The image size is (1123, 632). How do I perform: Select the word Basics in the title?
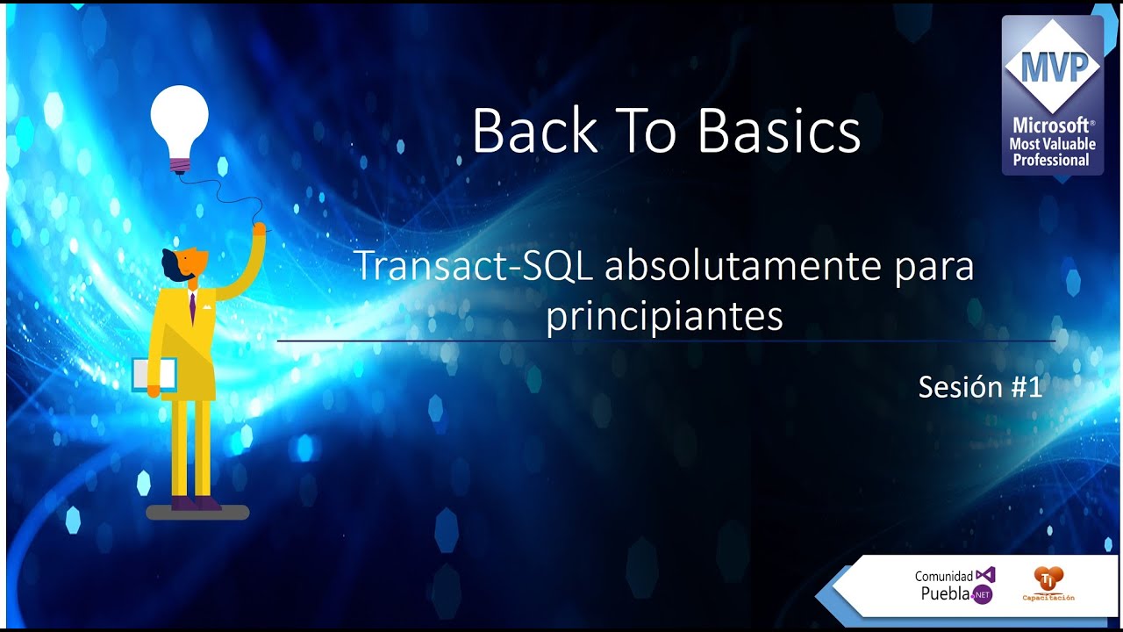pyautogui.click(x=778, y=133)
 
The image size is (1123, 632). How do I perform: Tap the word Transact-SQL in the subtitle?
pyautogui.click(x=473, y=267)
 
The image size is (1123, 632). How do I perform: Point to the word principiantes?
pyautogui.click(x=664, y=317)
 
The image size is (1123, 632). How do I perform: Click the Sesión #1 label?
pyautogui.click(x=980, y=386)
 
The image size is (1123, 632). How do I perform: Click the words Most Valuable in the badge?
pyautogui.click(x=1052, y=143)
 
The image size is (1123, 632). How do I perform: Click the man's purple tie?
pyautogui.click(x=192, y=306)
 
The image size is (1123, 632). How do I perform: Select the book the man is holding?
pyautogui.click(x=154, y=374)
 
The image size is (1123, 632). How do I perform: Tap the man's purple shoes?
pyautogui.click(x=195, y=503)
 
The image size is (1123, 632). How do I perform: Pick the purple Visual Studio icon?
pyautogui.click(x=986, y=575)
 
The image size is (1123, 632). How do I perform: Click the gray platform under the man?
pyautogui.click(x=197, y=513)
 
